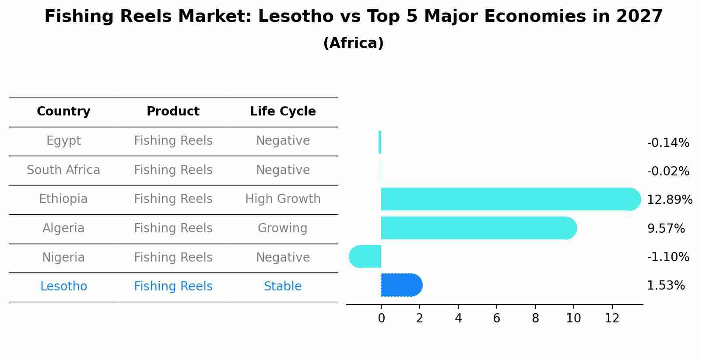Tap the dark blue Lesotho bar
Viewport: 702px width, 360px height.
[x=400, y=285]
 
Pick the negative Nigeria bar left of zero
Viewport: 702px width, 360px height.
[x=366, y=256]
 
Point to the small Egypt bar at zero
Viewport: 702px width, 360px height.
[x=380, y=142]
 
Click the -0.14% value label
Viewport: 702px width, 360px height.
[x=668, y=143]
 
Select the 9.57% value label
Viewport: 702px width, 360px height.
[x=666, y=228]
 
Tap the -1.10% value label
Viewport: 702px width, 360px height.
[x=668, y=257]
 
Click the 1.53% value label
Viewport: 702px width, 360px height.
[x=666, y=286]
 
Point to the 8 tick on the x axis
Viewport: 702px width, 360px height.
[x=535, y=318]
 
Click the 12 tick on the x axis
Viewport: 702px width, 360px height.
[x=612, y=318]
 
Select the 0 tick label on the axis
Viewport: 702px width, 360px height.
[x=381, y=318]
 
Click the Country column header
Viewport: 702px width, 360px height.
[x=63, y=112]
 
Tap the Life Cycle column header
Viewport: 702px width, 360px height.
[x=283, y=112]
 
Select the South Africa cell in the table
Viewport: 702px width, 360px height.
[x=63, y=170]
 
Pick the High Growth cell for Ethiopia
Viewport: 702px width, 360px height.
[x=283, y=199]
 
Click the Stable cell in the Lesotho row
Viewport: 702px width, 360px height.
[x=283, y=287]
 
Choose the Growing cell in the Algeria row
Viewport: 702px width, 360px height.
[x=283, y=228]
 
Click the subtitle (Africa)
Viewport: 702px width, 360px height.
[x=353, y=43]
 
